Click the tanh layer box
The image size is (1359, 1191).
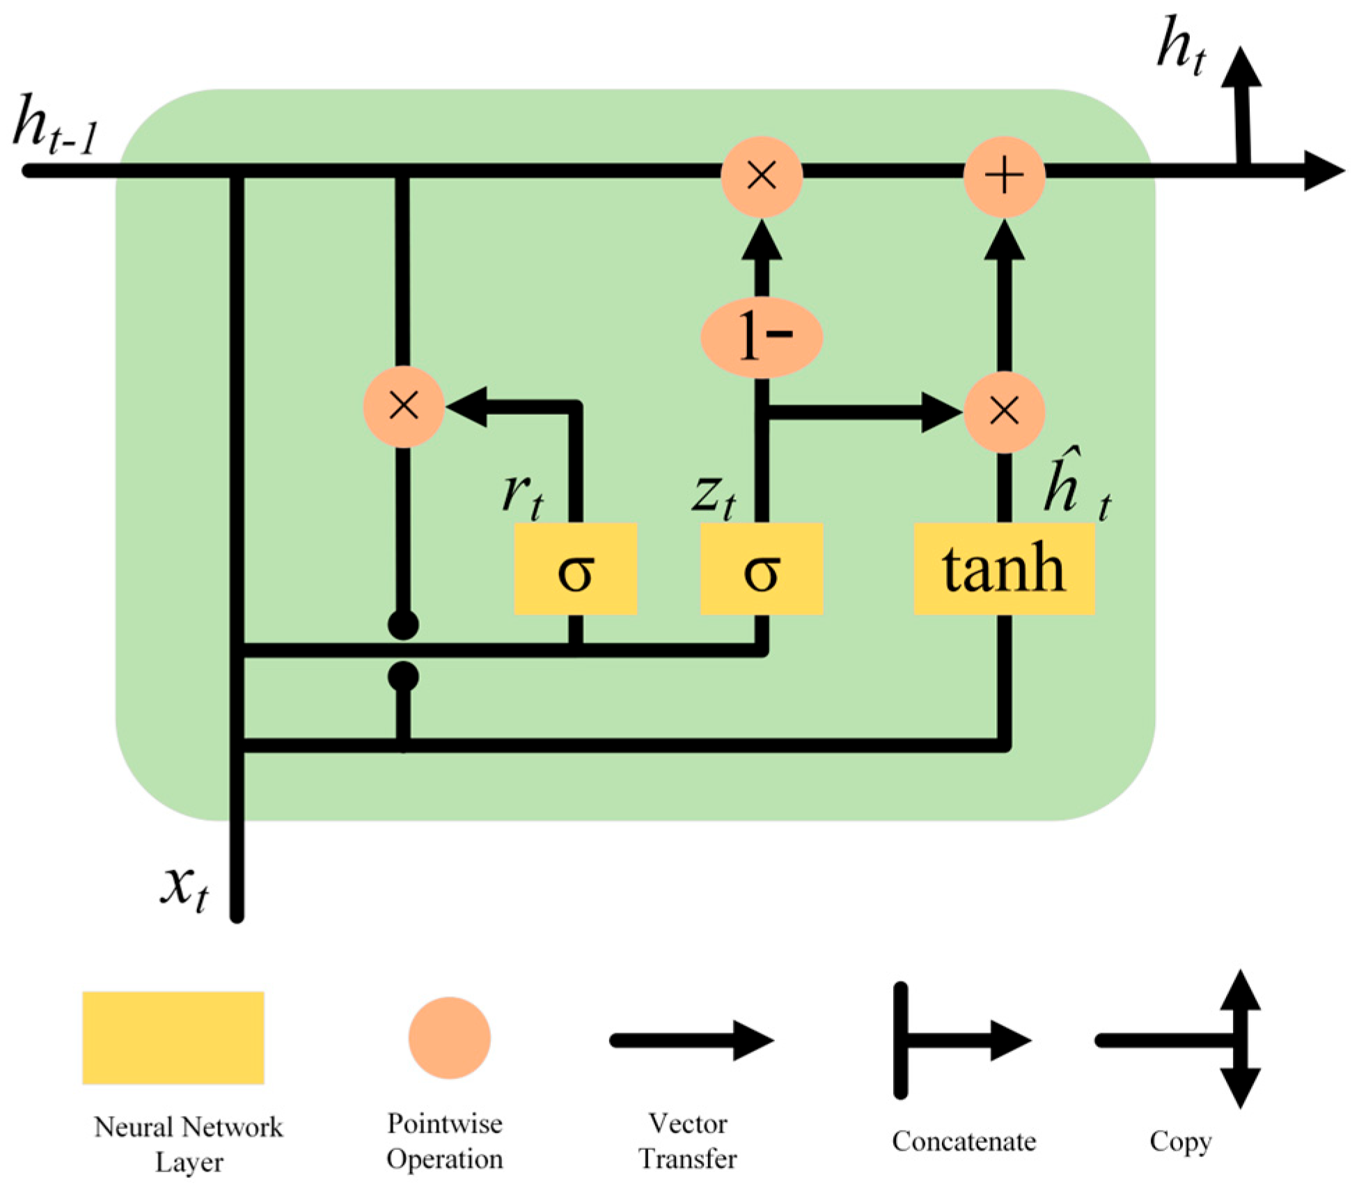pyautogui.click(x=1003, y=569)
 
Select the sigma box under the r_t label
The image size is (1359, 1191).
pyautogui.click(x=575, y=569)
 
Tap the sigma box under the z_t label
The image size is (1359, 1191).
pyautogui.click(x=761, y=569)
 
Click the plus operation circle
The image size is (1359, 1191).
pyautogui.click(x=1003, y=175)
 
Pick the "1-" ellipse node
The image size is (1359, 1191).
pyautogui.click(x=762, y=337)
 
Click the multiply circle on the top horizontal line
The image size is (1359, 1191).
pyautogui.click(x=761, y=175)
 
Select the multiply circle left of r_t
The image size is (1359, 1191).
pyautogui.click(x=404, y=406)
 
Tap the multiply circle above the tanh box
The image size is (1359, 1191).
pyautogui.click(x=1003, y=412)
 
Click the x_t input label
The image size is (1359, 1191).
pyautogui.click(x=184, y=888)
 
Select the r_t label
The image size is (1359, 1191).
pyautogui.click(x=522, y=496)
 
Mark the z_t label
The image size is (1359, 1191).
pyautogui.click(x=714, y=496)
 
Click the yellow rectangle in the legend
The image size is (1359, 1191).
pyautogui.click(x=173, y=1037)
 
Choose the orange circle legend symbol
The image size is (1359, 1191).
pyautogui.click(x=449, y=1037)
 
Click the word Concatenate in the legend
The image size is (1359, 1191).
pyautogui.click(x=964, y=1142)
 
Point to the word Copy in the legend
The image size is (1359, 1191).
pyautogui.click(x=1180, y=1142)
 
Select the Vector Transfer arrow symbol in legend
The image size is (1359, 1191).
pyautogui.click(x=691, y=1041)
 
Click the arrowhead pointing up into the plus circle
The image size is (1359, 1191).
pyautogui.click(x=1003, y=240)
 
